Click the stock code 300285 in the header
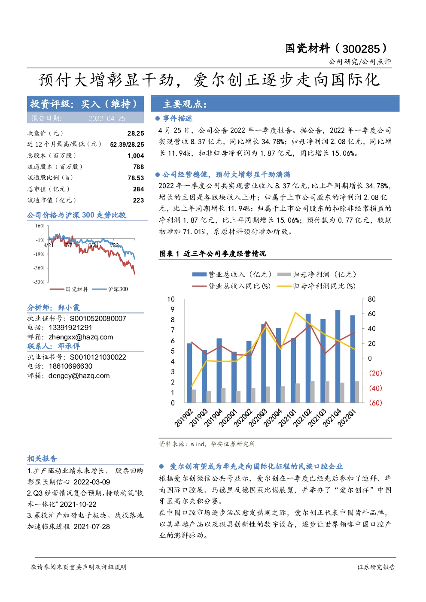[x=361, y=49]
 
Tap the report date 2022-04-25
[x=107, y=118]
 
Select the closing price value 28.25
[x=136, y=133]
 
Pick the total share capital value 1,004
[x=136, y=156]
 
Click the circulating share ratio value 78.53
[x=136, y=178]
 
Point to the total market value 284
[x=138, y=189]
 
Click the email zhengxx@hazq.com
[x=81, y=337]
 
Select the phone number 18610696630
[x=70, y=366]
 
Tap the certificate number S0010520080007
[x=98, y=318]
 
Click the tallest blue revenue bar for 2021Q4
[x=338, y=357]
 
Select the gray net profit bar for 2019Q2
[x=194, y=396]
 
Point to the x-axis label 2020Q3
[x=258, y=417]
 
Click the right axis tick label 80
[x=371, y=299]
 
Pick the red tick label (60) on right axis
[x=375, y=402]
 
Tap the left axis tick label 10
[x=171, y=299]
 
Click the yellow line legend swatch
[x=284, y=286]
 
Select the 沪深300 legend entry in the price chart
[x=110, y=289]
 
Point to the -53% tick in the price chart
[x=39, y=282]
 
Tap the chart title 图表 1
[x=169, y=254]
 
